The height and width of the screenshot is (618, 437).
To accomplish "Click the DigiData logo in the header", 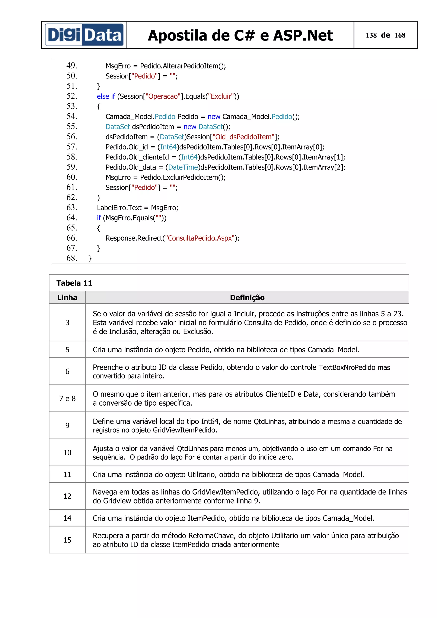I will [x=84, y=35].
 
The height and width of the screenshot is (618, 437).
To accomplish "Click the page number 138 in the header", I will [x=371, y=35].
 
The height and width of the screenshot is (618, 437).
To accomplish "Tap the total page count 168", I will [x=400, y=35].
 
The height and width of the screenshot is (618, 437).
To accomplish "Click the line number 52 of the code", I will [x=72, y=96].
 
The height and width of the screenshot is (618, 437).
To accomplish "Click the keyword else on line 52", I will [x=103, y=96].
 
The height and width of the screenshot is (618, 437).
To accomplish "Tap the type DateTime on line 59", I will [x=183, y=167].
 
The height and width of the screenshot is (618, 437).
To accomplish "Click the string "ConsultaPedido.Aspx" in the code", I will [x=199, y=238].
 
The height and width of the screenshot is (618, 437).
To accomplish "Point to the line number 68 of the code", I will [x=72, y=258].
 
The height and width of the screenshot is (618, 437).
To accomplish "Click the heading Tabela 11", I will [x=74, y=283].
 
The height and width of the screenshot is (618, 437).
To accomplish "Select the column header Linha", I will [x=67, y=298].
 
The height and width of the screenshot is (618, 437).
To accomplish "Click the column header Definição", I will [x=247, y=298].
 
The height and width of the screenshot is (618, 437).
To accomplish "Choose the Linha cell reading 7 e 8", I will [x=67, y=398].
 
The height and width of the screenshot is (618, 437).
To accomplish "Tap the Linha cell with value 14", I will [x=67, y=518].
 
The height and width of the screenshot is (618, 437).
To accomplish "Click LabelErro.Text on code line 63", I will [x=119, y=208].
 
